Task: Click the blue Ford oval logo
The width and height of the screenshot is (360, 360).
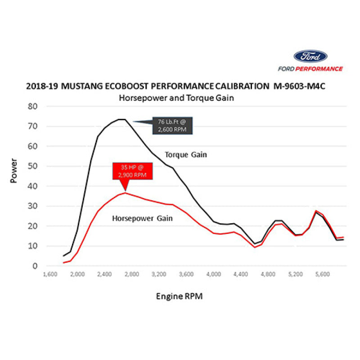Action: (x=310, y=57)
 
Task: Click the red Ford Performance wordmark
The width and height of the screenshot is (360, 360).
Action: (x=310, y=69)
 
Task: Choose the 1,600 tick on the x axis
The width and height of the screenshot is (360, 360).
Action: (x=50, y=274)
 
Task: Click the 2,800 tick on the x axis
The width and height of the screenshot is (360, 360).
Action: (x=132, y=274)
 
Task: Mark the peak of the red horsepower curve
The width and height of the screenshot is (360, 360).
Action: (x=125, y=193)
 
